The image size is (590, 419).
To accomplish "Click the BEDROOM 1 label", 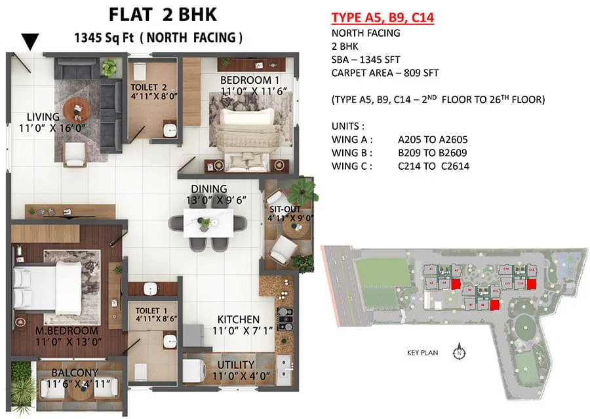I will pyautogui.click(x=246, y=80).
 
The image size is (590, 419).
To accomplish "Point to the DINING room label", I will pyautogui.click(x=209, y=189).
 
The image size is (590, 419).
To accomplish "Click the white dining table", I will pyautogui.click(x=206, y=222).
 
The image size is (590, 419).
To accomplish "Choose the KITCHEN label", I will pyautogui.click(x=239, y=319).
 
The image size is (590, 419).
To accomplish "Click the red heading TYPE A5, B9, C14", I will pyautogui.click(x=383, y=18).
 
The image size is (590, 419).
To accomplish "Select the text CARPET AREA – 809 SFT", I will pyautogui.click(x=385, y=73).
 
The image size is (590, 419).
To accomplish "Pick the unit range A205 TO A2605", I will pyautogui.click(x=433, y=140).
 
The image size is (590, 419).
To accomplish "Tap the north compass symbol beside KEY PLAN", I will pyautogui.click(x=458, y=353).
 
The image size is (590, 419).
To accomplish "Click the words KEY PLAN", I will pyautogui.click(x=422, y=353).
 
